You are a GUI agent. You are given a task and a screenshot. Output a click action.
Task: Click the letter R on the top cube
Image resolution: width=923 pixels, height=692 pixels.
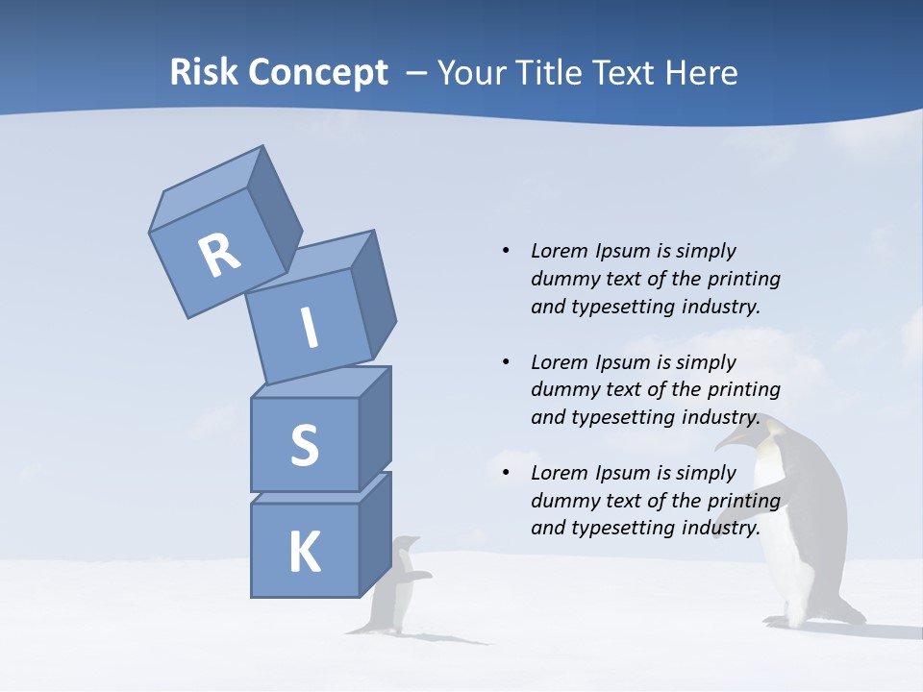tap(219, 255)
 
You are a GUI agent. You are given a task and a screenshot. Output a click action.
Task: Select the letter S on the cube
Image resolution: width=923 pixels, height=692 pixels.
tap(304, 445)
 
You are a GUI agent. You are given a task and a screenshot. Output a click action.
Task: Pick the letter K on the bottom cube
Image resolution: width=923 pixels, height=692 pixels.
tap(305, 554)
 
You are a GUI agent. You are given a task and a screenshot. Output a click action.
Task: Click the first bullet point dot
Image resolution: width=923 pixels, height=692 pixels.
tap(506, 252)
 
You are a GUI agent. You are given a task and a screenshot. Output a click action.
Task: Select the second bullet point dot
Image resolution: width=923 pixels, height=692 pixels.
tap(506, 362)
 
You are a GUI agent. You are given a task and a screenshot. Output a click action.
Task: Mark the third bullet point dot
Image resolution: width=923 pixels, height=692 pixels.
tap(506, 473)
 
